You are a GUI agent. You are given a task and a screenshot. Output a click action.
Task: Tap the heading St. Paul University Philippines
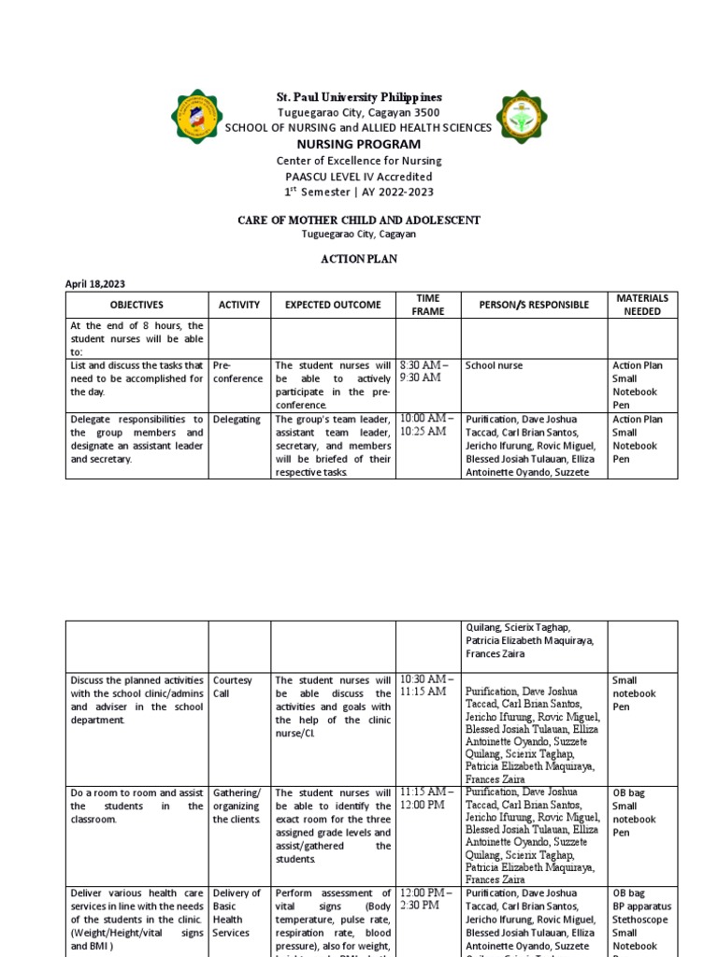359,97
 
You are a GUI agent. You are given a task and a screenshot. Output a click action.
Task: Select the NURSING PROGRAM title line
359,144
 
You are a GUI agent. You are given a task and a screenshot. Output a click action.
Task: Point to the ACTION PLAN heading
359,259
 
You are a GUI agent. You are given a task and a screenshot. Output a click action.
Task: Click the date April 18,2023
95,283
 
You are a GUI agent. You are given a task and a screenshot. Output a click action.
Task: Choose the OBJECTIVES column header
136,305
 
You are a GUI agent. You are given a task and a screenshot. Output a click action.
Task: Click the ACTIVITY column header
239,305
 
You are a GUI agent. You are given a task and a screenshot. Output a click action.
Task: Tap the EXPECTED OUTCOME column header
333,305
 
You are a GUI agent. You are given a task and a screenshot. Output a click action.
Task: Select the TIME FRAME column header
428,305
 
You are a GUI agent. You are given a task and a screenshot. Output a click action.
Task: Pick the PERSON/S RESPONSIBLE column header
534,305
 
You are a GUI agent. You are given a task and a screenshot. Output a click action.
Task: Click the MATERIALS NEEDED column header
642,305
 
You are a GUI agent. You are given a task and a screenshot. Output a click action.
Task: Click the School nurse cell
495,366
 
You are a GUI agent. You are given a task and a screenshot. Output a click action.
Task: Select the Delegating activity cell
237,420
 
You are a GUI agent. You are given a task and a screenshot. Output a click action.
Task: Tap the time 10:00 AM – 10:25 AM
429,425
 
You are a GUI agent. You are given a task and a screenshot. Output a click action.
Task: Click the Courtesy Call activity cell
233,687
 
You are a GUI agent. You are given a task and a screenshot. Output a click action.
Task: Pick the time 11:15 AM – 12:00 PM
427,798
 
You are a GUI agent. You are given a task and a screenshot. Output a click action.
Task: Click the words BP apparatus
641,907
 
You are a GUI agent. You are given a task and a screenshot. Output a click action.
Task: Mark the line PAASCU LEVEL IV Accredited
359,176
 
